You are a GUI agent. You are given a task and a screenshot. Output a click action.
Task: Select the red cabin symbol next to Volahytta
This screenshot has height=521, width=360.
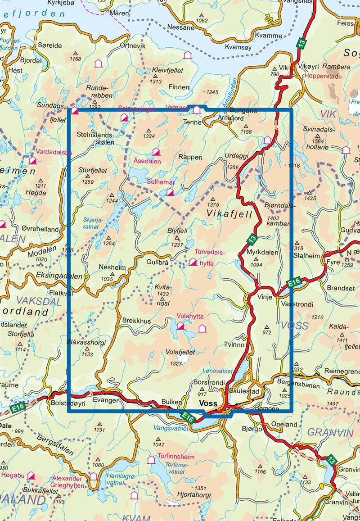tap(180, 326)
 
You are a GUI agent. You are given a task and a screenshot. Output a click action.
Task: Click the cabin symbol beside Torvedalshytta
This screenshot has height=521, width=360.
tap(193, 262)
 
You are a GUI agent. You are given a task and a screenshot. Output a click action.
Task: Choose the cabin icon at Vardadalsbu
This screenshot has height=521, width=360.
tap(32, 160)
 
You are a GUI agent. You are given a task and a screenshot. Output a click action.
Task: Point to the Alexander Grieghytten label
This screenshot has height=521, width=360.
tap(67, 482)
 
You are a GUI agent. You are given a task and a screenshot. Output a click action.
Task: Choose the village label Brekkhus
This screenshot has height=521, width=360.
tap(136, 321)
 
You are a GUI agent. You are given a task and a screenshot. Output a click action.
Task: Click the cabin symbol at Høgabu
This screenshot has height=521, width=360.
tap(31, 476)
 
